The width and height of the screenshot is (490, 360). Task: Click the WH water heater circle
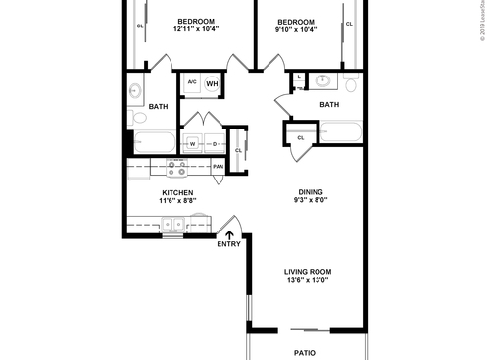pyautogui.click(x=211, y=85)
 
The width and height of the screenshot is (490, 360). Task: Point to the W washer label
pyautogui.click(x=193, y=145)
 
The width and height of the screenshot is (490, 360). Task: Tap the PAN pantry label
pyautogui.click(x=217, y=167)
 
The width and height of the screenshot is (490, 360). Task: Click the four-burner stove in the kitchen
pyautogui.click(x=177, y=167)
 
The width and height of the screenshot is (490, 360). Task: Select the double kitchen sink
pyautogui.click(x=172, y=225)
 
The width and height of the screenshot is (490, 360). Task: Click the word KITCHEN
pyautogui.click(x=176, y=192)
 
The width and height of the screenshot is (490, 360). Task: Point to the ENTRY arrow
pyautogui.click(x=229, y=234)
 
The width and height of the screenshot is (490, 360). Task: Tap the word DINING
pyautogui.click(x=312, y=192)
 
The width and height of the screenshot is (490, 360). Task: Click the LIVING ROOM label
pyautogui.click(x=306, y=271)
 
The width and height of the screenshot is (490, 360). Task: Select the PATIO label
pyautogui.click(x=306, y=351)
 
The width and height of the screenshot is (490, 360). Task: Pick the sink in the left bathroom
pyautogui.click(x=134, y=93)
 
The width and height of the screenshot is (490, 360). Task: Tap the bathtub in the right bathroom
pyautogui.click(x=341, y=130)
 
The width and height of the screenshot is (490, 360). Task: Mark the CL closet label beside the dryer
pyautogui.click(x=237, y=150)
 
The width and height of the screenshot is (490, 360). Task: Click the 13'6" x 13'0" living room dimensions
pyautogui.click(x=306, y=281)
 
